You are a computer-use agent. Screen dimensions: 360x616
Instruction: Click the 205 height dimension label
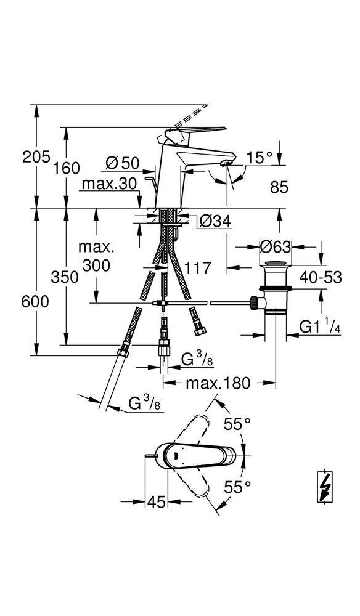36,156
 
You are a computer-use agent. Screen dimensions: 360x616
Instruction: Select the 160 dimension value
67,168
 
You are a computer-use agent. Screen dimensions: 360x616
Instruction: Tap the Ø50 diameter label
123,163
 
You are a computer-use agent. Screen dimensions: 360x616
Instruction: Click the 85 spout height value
279,187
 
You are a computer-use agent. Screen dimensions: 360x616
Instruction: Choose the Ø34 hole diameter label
215,222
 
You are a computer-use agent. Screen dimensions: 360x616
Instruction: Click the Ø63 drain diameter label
276,247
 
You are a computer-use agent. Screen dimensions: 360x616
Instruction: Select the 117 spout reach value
198,269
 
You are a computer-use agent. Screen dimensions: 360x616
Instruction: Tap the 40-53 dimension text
321,277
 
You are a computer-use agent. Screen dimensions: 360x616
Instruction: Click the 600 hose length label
35,302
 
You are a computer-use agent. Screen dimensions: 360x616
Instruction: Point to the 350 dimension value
65,277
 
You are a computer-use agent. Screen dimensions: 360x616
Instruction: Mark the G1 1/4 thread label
320,327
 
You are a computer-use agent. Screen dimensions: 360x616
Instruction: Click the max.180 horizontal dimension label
218,383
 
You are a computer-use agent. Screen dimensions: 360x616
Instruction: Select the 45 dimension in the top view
156,501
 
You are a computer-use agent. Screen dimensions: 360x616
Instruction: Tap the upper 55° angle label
237,424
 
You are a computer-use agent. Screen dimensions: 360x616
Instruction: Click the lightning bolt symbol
325,486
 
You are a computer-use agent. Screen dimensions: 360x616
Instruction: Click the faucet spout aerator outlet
226,163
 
